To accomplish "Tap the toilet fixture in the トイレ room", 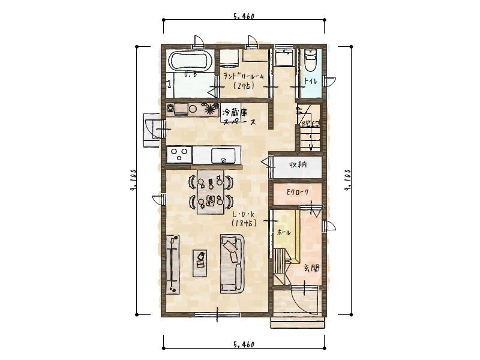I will tap(310, 61).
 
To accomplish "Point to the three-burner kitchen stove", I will tap(178, 155).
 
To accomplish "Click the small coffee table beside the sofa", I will tap(200, 262).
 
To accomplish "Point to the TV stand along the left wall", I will tap(173, 263).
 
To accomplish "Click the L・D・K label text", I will tap(243, 217).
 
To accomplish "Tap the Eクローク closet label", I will tap(297, 193).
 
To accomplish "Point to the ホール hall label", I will tap(284, 232).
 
